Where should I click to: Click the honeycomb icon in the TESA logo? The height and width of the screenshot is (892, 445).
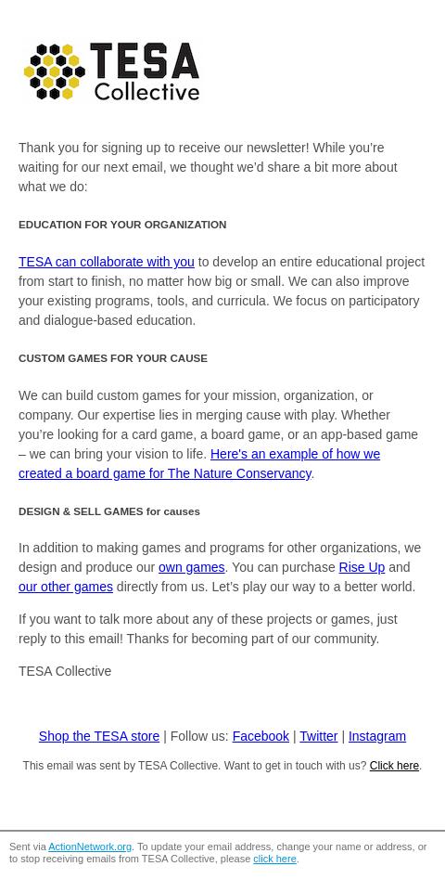click(x=55, y=71)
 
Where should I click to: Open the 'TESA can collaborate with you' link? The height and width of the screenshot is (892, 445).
click(x=107, y=262)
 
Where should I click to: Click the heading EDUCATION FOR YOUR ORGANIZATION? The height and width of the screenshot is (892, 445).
click(x=122, y=225)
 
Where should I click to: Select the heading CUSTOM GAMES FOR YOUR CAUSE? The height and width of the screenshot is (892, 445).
click(x=113, y=358)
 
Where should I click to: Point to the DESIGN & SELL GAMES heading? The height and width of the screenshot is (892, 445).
click(x=109, y=511)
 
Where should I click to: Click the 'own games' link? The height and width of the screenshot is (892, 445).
click(x=191, y=567)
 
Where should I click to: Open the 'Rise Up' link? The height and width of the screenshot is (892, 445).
click(x=362, y=567)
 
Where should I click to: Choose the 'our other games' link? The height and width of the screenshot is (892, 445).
click(x=66, y=587)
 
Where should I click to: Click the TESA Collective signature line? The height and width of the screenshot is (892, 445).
click(x=65, y=671)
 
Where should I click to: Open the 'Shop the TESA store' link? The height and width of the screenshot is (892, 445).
click(x=99, y=736)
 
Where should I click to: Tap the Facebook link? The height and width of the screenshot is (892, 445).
click(x=261, y=736)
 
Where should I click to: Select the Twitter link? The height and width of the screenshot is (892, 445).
click(x=318, y=736)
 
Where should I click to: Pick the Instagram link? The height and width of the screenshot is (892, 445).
click(x=376, y=736)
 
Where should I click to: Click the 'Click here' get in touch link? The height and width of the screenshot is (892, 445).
click(x=394, y=766)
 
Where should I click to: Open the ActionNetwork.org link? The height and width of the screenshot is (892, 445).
click(x=90, y=847)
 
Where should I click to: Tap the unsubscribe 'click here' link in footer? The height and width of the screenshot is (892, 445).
click(x=274, y=859)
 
